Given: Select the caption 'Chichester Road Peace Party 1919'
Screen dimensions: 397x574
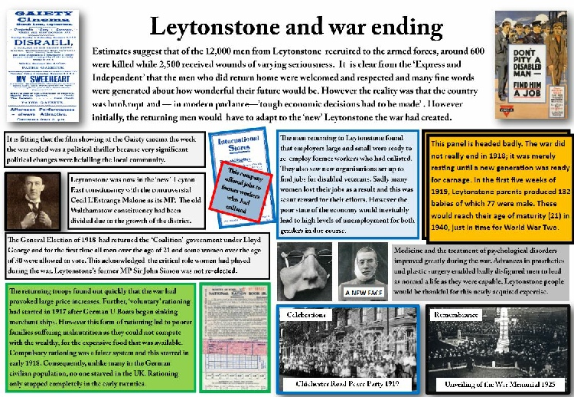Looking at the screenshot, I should click(345, 382).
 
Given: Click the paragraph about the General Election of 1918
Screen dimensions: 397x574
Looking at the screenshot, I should click(138, 255).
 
